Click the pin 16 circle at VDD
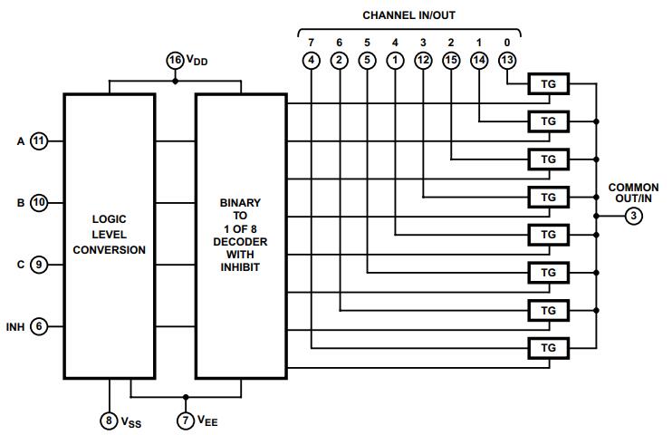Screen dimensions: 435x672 [x=175, y=61]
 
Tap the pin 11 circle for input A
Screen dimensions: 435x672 [x=39, y=141]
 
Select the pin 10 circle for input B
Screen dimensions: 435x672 [x=39, y=203]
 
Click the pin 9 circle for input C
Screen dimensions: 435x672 [x=39, y=265]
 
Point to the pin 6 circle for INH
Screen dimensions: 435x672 [x=39, y=326]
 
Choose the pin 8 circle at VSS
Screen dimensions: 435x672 [x=109, y=420]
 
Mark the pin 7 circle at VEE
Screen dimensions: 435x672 [x=186, y=420]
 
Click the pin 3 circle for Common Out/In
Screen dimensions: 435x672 [x=634, y=216]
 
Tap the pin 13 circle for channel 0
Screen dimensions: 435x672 [x=507, y=61]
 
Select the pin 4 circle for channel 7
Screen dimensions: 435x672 [x=311, y=61]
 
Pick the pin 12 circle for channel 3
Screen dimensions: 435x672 [x=423, y=61]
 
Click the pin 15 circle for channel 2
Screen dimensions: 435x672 [x=451, y=61]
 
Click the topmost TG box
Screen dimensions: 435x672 [x=548, y=83]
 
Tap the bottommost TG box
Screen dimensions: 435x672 [x=548, y=348]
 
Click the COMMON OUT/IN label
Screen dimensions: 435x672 [x=634, y=193]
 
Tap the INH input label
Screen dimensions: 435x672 [x=15, y=326]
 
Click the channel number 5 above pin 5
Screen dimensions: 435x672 [x=367, y=42]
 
